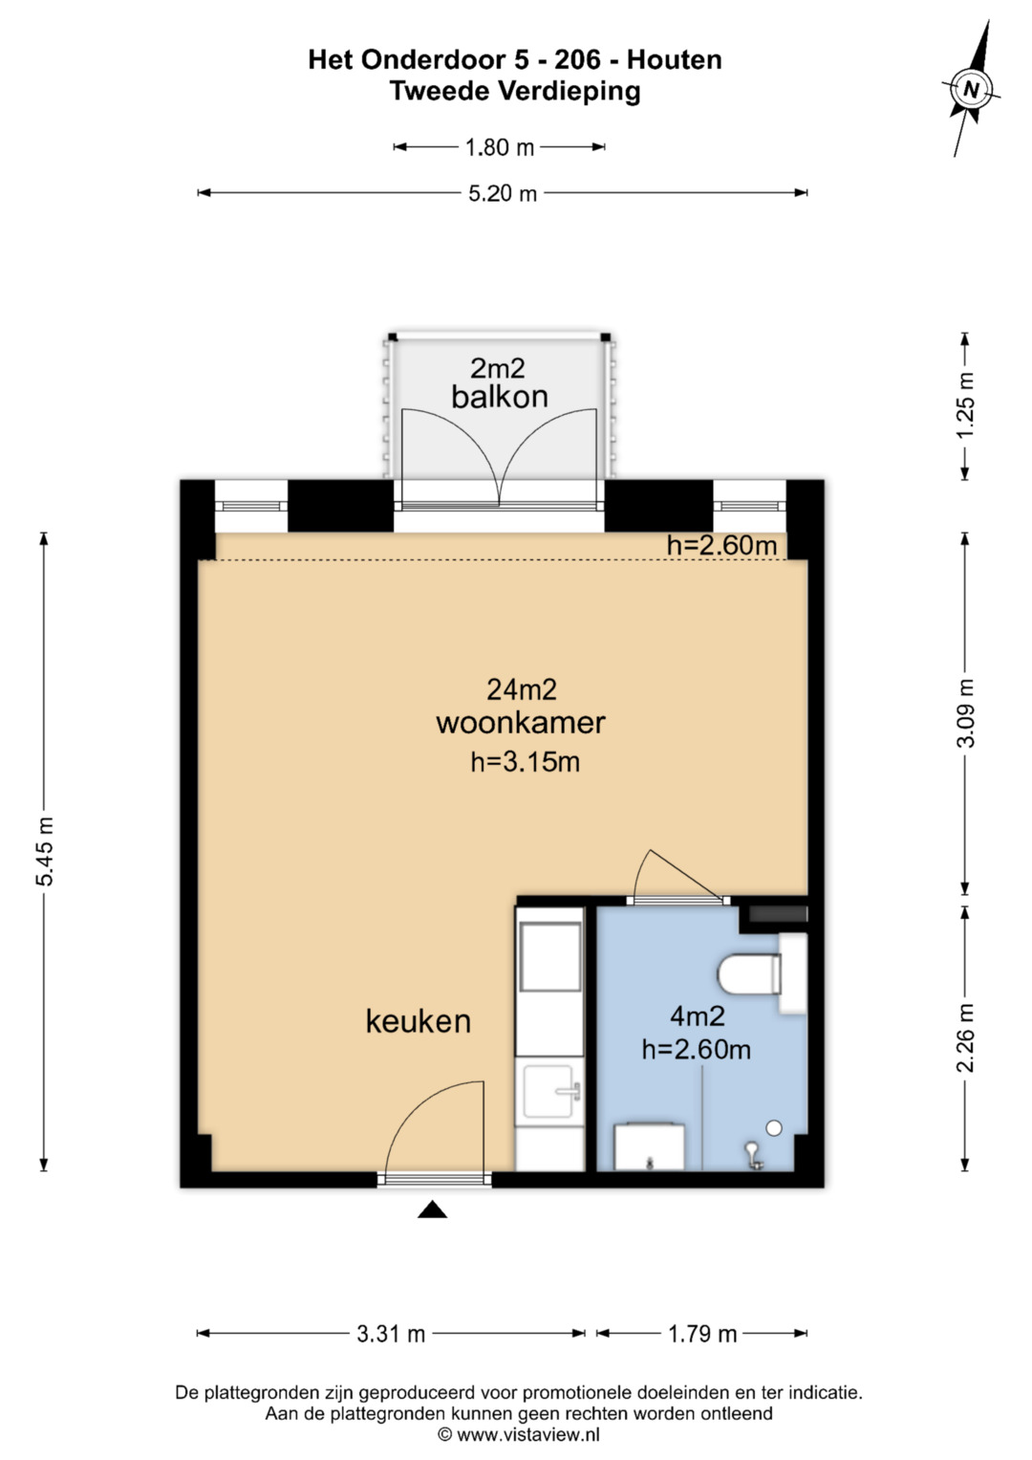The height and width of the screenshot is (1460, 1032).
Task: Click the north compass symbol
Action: pyautogui.click(x=972, y=89)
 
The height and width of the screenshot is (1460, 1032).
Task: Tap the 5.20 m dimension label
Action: pyautogui.click(x=503, y=193)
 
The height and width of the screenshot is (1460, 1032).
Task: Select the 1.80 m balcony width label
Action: pyautogui.click(x=499, y=148)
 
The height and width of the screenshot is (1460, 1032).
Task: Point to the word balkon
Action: pyautogui.click(x=500, y=397)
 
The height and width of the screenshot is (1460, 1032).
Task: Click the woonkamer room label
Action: pyautogui.click(x=521, y=723)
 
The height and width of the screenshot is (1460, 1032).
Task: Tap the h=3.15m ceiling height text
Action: pyautogui.click(x=526, y=762)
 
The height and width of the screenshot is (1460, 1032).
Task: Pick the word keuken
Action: pyautogui.click(x=419, y=1021)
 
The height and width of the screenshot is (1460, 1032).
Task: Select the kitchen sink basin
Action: pyautogui.click(x=551, y=1091)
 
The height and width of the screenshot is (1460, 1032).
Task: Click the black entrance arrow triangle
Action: pyautogui.click(x=432, y=1210)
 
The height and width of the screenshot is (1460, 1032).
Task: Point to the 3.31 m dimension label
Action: pyautogui.click(x=391, y=1334)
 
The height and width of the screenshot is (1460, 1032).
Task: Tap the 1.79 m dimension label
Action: pyautogui.click(x=702, y=1334)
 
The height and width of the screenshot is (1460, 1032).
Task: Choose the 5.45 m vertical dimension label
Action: pyautogui.click(x=44, y=851)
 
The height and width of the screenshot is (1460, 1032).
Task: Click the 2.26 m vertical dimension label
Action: pyautogui.click(x=965, y=1037)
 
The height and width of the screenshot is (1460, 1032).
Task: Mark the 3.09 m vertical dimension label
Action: pyautogui.click(x=965, y=713)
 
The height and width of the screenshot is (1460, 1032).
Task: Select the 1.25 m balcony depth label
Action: pyautogui.click(x=965, y=404)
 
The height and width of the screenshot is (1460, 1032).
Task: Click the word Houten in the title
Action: pyautogui.click(x=675, y=60)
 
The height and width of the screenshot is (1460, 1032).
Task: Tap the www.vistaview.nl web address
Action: pyautogui.click(x=527, y=1434)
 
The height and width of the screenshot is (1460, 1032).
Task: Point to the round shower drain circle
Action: pyautogui.click(x=773, y=1128)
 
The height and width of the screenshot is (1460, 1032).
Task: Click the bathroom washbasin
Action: pyautogui.click(x=649, y=1146)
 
